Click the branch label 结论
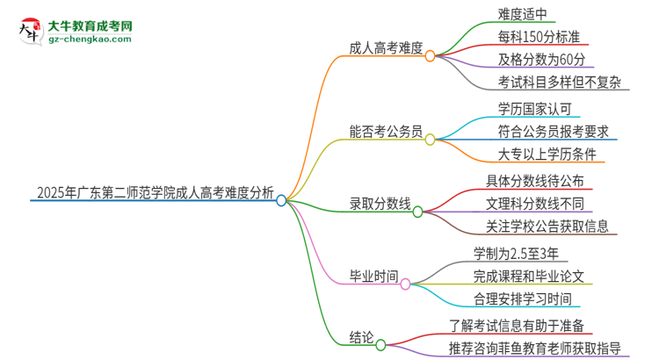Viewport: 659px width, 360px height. (361, 337)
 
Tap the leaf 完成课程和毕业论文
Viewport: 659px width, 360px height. (531, 276)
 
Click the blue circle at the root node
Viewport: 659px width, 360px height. (281, 200)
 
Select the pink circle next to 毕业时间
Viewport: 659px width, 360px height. (405, 284)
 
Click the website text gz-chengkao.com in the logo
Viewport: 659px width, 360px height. (90, 40)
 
